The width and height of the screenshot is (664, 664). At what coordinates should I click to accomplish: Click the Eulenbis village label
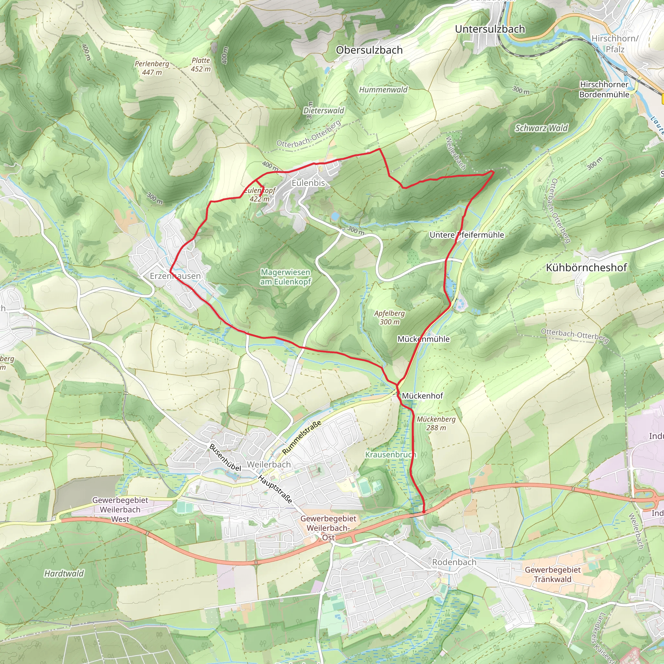click(308, 183)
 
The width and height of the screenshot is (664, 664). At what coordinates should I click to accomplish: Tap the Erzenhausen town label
click(175, 276)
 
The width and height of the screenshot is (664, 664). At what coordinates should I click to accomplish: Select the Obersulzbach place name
click(369, 50)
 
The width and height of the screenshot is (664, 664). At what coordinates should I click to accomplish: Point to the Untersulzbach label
click(490, 29)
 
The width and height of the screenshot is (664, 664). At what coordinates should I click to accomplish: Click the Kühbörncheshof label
click(586, 267)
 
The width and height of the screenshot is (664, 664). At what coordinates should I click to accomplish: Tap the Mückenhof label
click(422, 396)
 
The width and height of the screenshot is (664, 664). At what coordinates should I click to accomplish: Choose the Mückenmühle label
click(423, 339)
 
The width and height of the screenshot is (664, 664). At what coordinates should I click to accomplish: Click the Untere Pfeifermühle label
click(466, 235)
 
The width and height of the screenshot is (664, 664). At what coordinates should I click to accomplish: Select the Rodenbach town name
click(454, 562)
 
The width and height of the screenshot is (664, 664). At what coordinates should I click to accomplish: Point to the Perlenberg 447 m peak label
click(152, 68)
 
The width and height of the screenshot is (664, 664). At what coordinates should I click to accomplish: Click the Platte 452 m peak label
click(201, 65)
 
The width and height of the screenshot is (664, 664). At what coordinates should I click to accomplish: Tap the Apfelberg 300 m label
click(389, 317)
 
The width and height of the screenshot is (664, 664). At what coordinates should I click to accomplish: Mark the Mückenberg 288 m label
click(436, 423)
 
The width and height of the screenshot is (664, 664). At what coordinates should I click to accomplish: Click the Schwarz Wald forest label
click(541, 128)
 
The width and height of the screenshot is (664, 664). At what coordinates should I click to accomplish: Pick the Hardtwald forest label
click(64, 573)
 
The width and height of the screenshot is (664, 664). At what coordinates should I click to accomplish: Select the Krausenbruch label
click(390, 455)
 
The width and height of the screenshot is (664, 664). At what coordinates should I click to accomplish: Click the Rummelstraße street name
click(302, 437)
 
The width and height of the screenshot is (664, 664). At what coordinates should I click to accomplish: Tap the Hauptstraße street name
click(275, 489)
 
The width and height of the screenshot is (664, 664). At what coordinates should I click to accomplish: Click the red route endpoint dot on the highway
click(424, 512)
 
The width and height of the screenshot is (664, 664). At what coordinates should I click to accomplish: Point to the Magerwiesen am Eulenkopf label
click(285, 277)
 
